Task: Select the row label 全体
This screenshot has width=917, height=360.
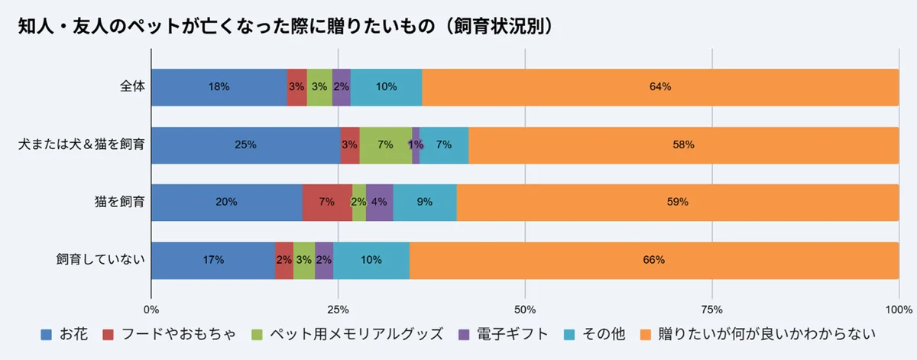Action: (x=131, y=86)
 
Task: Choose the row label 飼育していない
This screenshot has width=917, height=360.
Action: (x=100, y=259)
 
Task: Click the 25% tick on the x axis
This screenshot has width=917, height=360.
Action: (x=338, y=310)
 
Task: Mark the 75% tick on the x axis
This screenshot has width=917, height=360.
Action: (x=711, y=310)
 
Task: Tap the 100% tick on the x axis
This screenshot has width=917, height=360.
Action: (x=899, y=310)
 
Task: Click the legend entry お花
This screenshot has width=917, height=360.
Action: (x=66, y=334)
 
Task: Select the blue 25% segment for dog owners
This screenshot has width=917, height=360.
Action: (x=245, y=144)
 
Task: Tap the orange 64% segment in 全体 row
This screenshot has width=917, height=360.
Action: (x=660, y=86)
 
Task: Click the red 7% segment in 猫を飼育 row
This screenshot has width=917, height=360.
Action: (x=327, y=202)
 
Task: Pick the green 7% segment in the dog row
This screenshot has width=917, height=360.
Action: (x=385, y=144)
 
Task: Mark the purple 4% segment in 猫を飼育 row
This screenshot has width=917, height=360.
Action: (x=379, y=202)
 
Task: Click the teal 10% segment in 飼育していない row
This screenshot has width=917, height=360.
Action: (x=371, y=259)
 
